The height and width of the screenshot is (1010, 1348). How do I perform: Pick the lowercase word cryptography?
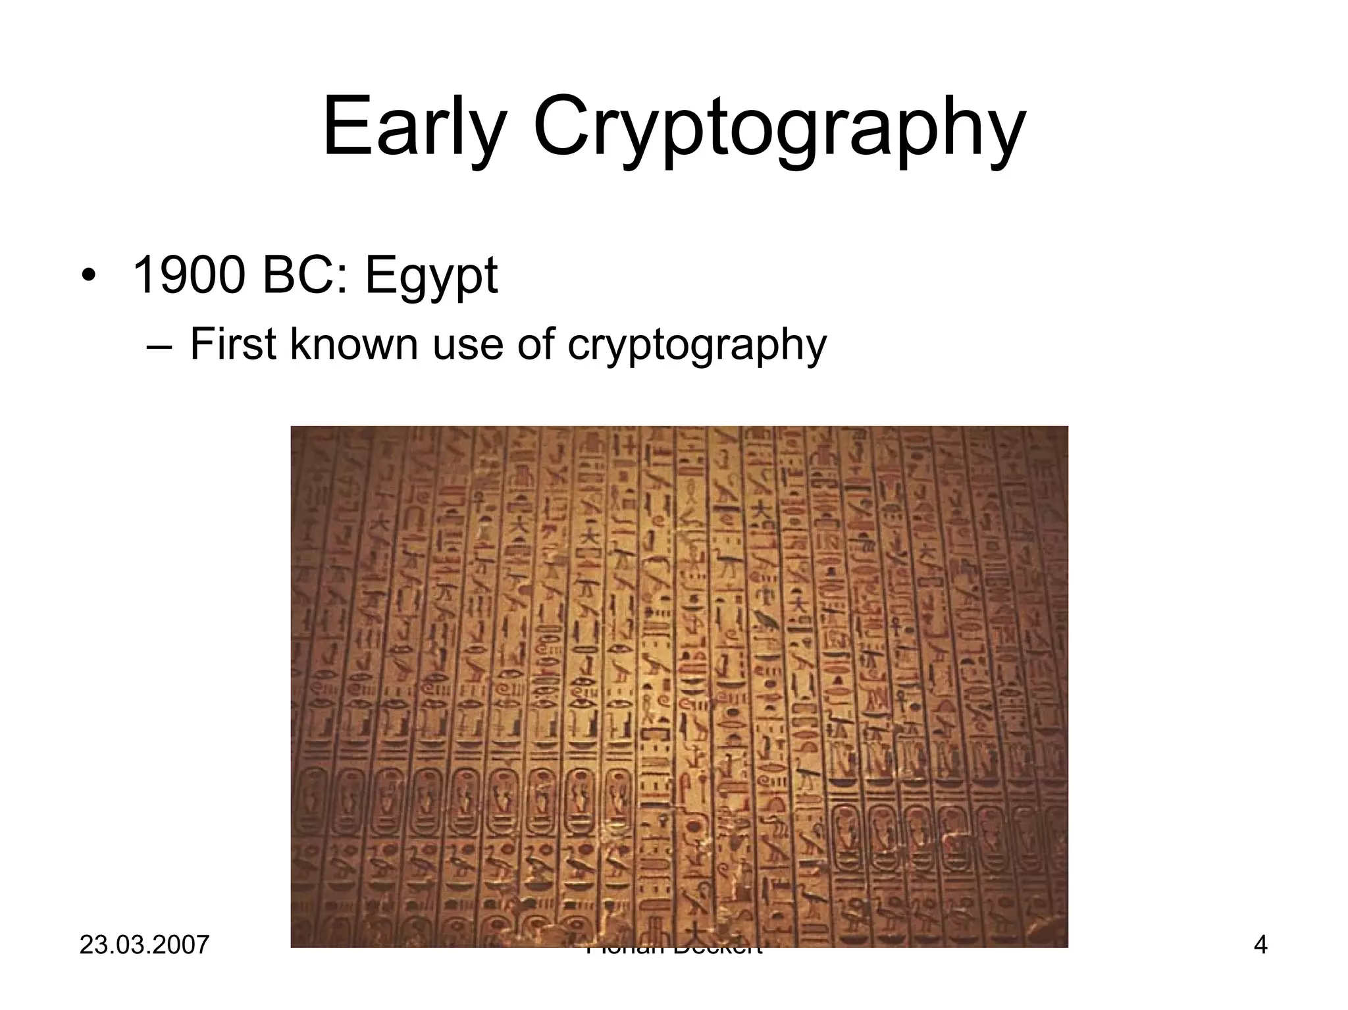tap(696, 346)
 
